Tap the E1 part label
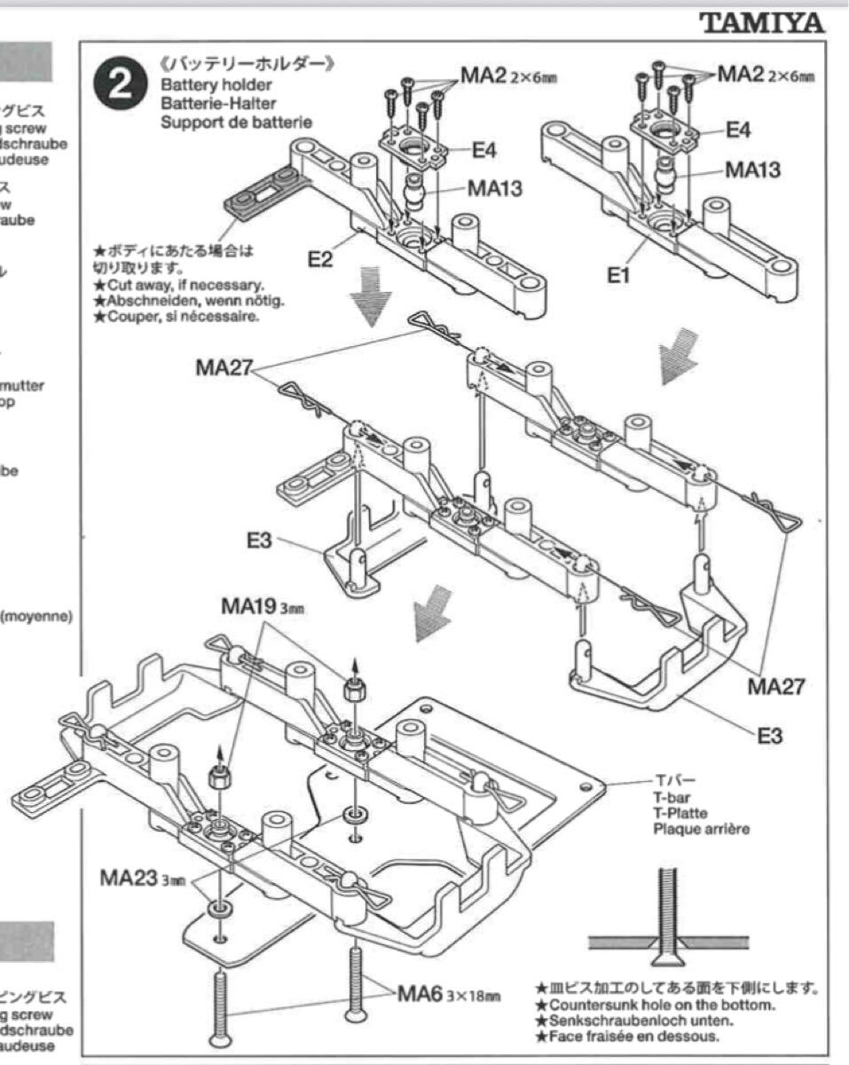(x=618, y=276)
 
